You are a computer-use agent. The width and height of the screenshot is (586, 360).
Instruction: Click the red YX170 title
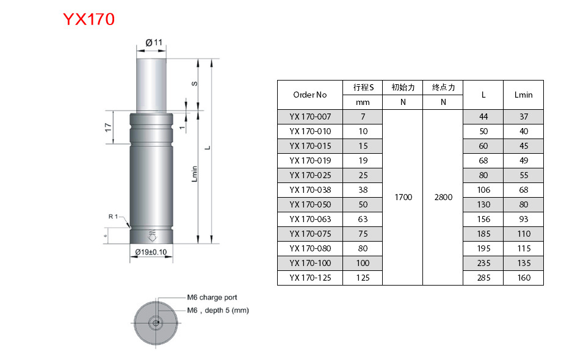pyautogui.click(x=89, y=20)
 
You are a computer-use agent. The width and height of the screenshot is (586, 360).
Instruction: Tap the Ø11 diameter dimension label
pyautogui.click(x=154, y=42)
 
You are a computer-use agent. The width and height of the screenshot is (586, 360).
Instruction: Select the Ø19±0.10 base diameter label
pyautogui.click(x=151, y=252)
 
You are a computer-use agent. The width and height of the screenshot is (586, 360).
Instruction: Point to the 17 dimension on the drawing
pyautogui.click(x=108, y=128)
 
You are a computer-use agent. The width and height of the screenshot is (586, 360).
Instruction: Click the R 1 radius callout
pyautogui.click(x=115, y=217)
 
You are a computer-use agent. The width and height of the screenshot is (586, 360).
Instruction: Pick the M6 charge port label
pyautogui.click(x=212, y=298)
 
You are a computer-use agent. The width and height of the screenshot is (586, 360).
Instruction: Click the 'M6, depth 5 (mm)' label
pyautogui.click(x=217, y=310)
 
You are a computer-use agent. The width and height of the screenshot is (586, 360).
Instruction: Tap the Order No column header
pyautogui.click(x=309, y=95)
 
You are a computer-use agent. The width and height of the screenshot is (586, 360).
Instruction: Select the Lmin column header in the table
pyautogui.click(x=523, y=95)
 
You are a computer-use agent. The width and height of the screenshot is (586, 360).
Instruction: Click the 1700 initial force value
pyautogui.click(x=403, y=197)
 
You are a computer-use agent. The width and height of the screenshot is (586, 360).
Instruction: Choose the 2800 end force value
pyautogui.click(x=443, y=197)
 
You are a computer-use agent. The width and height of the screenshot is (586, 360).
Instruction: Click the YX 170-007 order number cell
pyautogui.click(x=309, y=117)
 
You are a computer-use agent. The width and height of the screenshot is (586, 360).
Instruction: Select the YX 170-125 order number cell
pyautogui.click(x=309, y=278)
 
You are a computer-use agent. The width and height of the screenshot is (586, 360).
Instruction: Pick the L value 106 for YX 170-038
pyautogui.click(x=483, y=190)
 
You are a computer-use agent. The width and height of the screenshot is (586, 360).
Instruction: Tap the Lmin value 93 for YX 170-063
pyautogui.click(x=523, y=219)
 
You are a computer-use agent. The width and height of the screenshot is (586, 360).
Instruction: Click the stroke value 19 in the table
pyautogui.click(x=363, y=160)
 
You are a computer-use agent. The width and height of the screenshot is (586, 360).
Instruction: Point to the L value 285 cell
pyautogui.click(x=483, y=278)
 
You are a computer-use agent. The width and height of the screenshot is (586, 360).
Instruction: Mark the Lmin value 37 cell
pyautogui.click(x=523, y=117)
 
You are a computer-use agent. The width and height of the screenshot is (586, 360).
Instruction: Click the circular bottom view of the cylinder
pyautogui.click(x=157, y=322)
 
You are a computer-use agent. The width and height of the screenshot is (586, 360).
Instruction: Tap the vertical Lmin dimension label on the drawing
pyautogui.click(x=195, y=174)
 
